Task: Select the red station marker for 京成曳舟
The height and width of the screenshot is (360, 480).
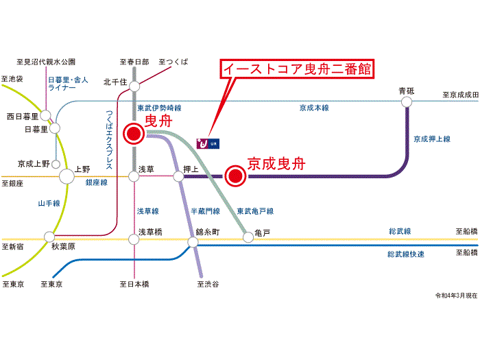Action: pos(235,176)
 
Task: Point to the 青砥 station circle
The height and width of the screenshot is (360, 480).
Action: pos(407,101)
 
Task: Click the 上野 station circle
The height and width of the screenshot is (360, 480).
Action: pos(67,176)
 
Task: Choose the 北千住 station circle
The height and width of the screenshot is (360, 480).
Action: pos(134,86)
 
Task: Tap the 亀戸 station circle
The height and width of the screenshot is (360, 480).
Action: pos(248,238)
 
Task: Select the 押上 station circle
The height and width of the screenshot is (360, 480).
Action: pos(179,176)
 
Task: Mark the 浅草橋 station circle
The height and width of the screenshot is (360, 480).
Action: pos(134,239)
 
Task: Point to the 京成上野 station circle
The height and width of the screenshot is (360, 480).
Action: pos(56,164)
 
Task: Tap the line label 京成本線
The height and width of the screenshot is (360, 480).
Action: pos(314,108)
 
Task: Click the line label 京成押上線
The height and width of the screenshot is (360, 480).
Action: pos(431,139)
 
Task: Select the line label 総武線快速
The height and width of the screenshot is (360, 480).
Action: pos(406,254)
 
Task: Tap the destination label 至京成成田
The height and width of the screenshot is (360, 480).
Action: pos(460,95)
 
